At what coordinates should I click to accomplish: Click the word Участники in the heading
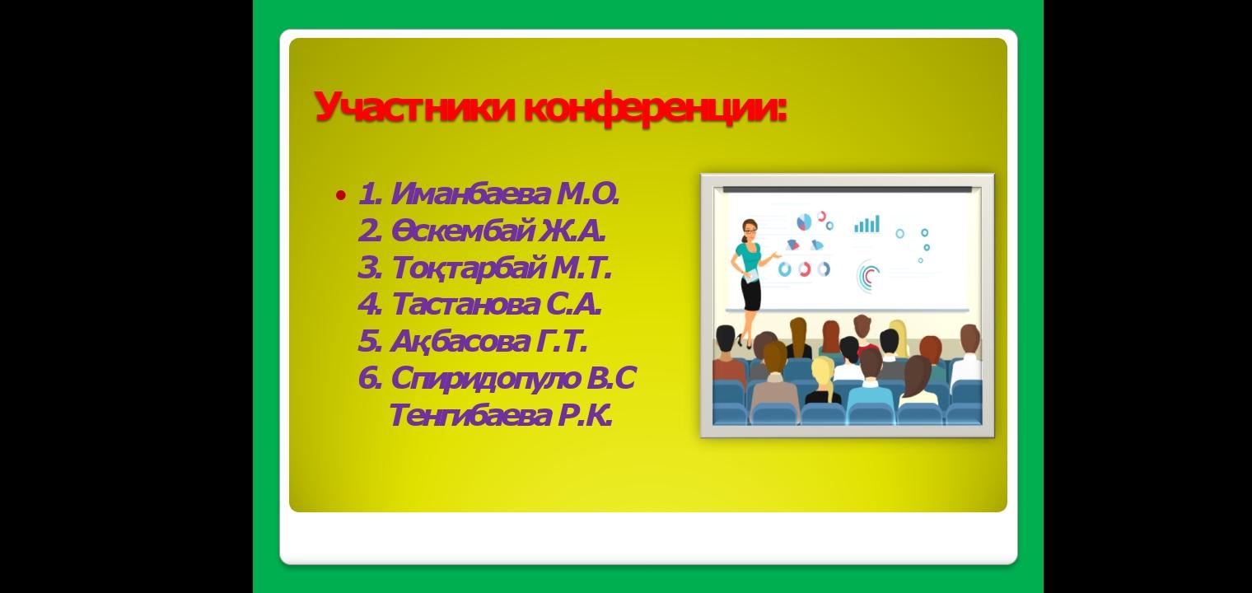pyautogui.click(x=414, y=107)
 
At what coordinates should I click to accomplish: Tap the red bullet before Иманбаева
pyautogui.click(x=340, y=195)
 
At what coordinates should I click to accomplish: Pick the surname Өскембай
pyautogui.click(x=461, y=231)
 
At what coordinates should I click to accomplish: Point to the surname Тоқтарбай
pyautogui.click(x=468, y=268)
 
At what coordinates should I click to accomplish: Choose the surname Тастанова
pyautogui.click(x=465, y=305)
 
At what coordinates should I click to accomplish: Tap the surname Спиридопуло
pyautogui.click(x=486, y=378)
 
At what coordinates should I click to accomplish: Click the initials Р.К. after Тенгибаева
pyautogui.click(x=584, y=415)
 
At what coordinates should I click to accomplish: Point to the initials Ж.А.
pyautogui.click(x=573, y=231)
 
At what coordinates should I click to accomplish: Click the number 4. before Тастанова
pyautogui.click(x=370, y=305)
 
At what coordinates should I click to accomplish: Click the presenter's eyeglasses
pyautogui.click(x=750, y=229)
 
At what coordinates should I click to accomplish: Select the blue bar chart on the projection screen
pyautogui.click(x=867, y=223)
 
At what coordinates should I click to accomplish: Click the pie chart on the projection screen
pyautogui.click(x=804, y=222)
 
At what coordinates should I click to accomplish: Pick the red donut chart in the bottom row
pyautogui.click(x=804, y=269)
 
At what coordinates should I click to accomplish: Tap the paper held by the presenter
pyautogui.click(x=752, y=276)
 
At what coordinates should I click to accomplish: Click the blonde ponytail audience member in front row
pyautogui.click(x=824, y=380)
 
